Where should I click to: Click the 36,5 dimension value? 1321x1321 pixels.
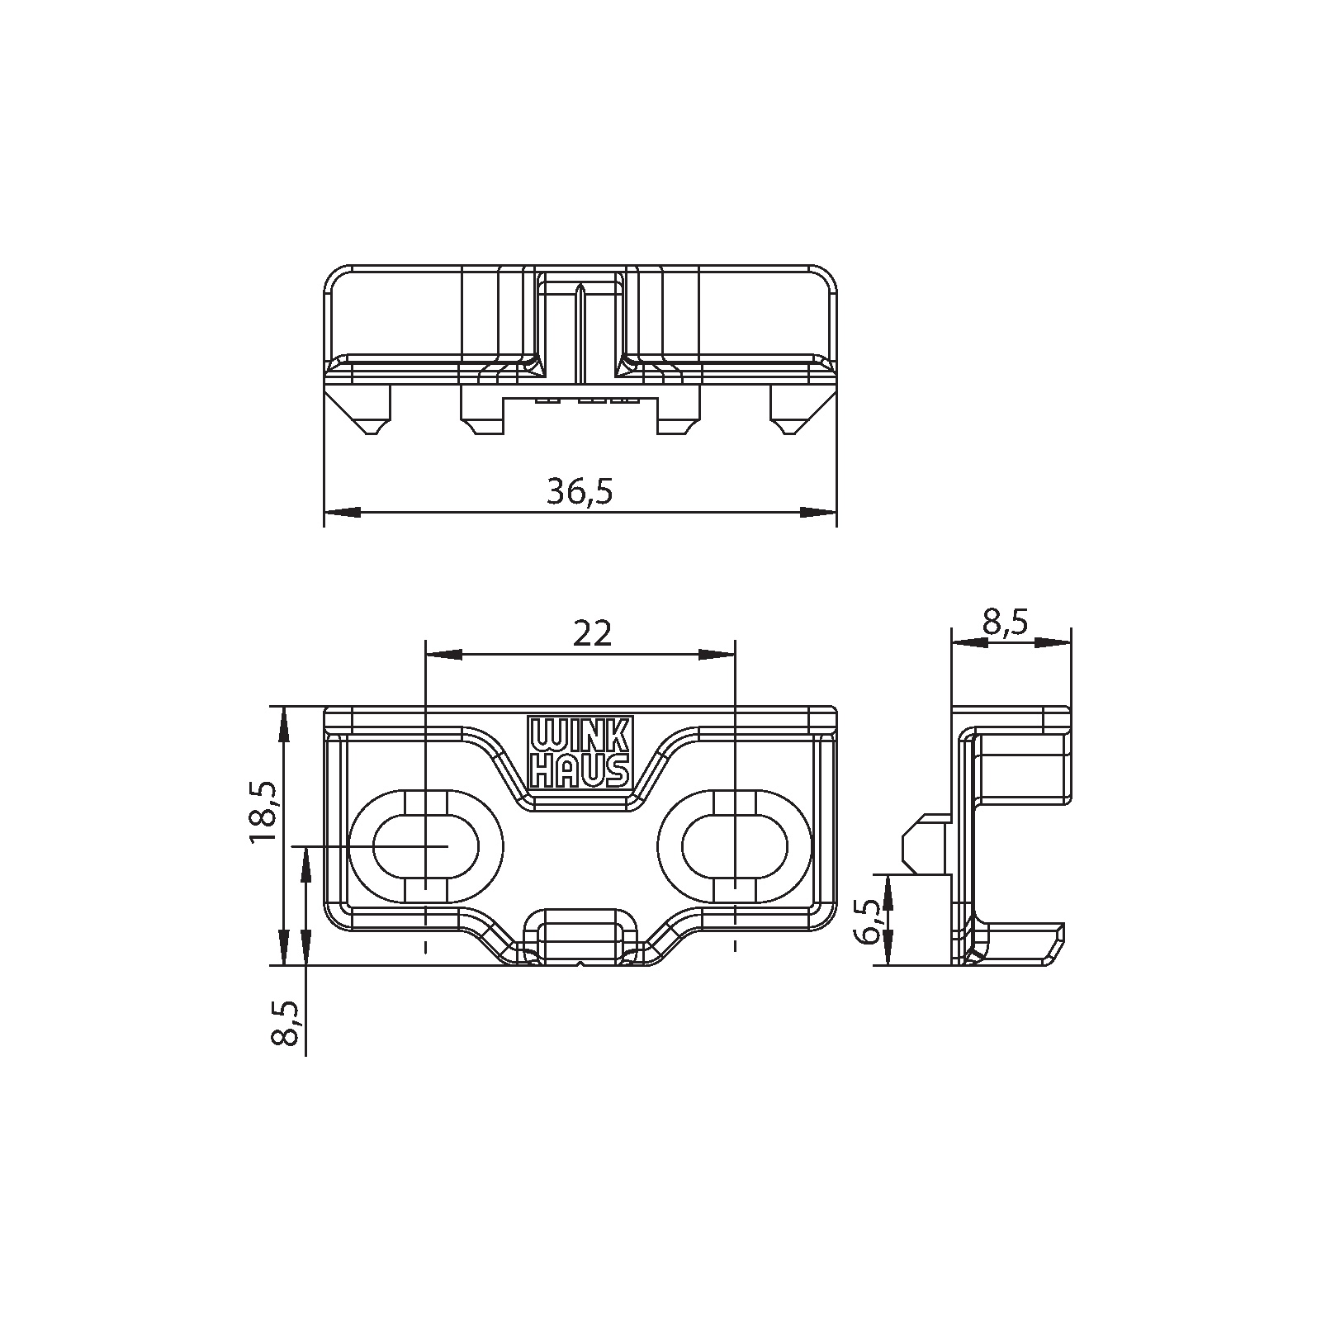coord(580,492)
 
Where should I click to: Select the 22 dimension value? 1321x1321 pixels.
coord(592,633)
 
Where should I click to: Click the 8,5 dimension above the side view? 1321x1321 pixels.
coord(1005,623)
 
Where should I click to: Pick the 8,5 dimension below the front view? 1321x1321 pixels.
coord(286,1023)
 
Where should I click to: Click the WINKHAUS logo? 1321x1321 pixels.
coord(579,751)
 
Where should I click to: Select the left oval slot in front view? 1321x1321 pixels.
coord(426,847)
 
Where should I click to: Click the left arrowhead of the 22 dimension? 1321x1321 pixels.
coord(442,654)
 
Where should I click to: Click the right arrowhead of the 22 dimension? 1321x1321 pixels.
coord(716,654)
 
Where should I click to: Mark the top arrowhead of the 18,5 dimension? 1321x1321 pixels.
coord(283,723)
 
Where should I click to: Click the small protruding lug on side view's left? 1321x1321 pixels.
coord(924,843)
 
